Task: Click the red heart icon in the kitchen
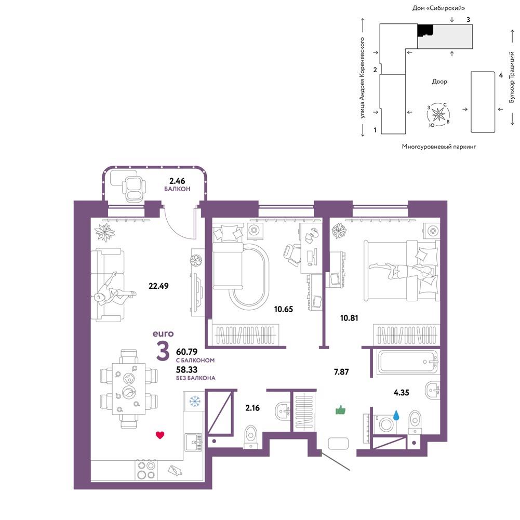point(160,435)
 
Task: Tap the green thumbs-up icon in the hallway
point(341,410)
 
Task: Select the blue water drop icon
point(396,415)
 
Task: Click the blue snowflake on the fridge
point(195,402)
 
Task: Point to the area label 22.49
point(158,286)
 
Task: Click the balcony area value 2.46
point(177,181)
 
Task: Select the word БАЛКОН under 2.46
point(177,189)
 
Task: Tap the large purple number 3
point(163,351)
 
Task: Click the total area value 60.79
point(186,352)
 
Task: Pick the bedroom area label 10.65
point(284,309)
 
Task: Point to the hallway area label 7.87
point(341,372)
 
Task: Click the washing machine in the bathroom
point(385,424)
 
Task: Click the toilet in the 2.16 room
point(250,437)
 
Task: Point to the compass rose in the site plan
point(438,115)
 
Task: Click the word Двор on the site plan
point(439,82)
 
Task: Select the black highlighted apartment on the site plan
point(425,31)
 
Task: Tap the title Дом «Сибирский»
point(438,8)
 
